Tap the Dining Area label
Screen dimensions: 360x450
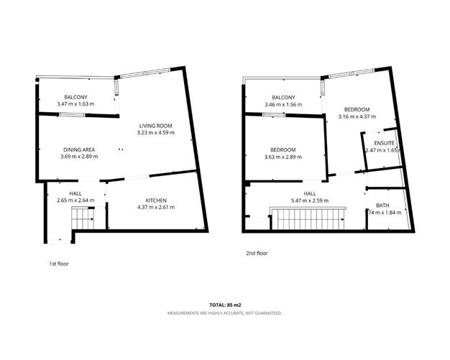tap(79, 149)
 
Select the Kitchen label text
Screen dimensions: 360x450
tap(160, 200)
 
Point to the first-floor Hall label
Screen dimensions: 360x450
tap(75, 193)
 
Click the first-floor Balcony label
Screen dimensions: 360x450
tap(75, 97)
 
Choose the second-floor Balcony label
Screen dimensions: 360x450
tap(283, 98)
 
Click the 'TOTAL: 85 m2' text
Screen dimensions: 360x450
tap(225, 306)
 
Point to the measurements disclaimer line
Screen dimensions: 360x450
tap(225, 313)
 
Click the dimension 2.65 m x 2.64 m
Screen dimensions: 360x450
tap(75, 200)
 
